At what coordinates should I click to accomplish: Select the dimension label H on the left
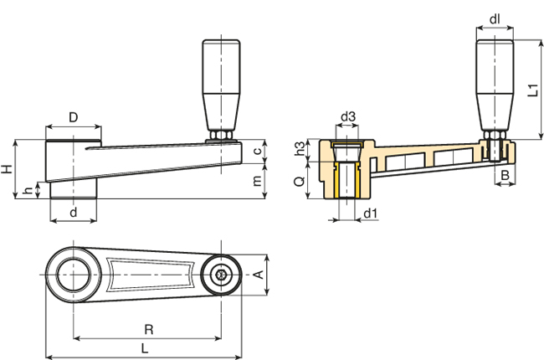point(8,170)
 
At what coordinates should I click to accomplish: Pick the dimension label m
point(258,181)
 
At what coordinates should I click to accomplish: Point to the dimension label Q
point(300,180)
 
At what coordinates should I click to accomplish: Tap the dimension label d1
point(371,213)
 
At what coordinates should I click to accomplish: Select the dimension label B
point(505,174)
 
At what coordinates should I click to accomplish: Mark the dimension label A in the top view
point(259,275)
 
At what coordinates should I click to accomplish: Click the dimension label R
point(148,329)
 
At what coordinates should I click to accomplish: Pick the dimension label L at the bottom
point(145,347)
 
